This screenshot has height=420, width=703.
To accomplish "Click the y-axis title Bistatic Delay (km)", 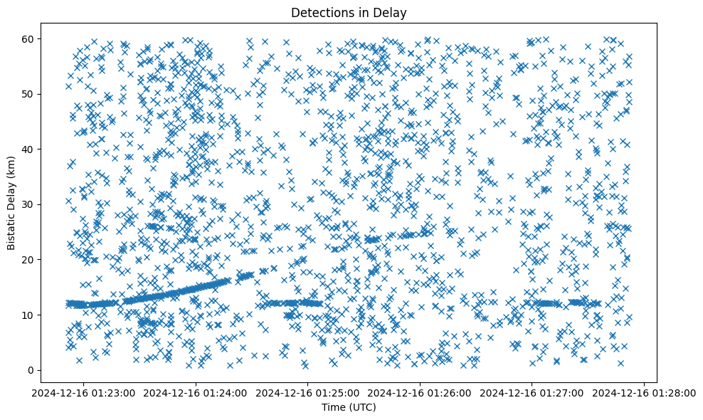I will coord(11,201).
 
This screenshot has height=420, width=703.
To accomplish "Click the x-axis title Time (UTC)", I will coord(349,407).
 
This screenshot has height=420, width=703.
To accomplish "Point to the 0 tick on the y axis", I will coord(31,370).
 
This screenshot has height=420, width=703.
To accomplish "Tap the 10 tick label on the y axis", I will coord(28,315).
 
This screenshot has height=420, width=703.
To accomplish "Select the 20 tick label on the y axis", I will coord(28,260).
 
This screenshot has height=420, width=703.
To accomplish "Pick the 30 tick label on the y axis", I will coord(28,204).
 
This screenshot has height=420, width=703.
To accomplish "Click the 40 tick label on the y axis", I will coord(28,149).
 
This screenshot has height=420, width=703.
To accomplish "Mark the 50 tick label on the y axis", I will coord(28,94).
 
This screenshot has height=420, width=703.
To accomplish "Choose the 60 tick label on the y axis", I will coord(28,38).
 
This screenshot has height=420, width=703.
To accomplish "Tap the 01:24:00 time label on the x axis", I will coord(196,392).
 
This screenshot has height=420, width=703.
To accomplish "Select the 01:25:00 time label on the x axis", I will coord(308,392).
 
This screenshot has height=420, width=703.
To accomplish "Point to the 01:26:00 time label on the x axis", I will coord(421,392).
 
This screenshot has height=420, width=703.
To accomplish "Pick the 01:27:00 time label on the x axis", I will coord(532,392).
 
